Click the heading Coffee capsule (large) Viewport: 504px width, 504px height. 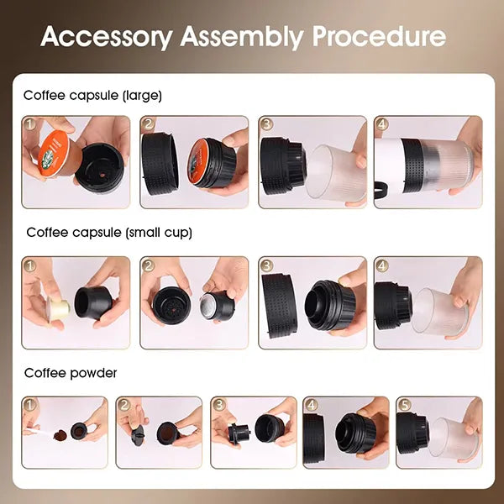(92, 96)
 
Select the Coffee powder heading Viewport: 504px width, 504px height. (71, 372)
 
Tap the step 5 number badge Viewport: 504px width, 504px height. (405, 406)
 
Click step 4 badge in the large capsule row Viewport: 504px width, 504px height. (383, 125)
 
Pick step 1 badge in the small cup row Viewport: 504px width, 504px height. (31, 265)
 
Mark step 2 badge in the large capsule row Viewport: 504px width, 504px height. (149, 125)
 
